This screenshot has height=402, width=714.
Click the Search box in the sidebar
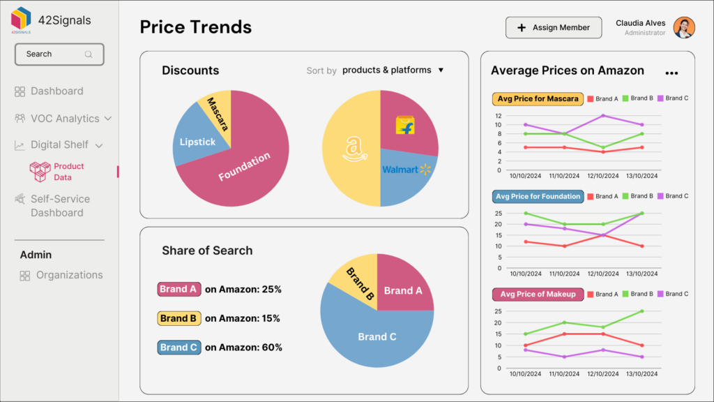click(59, 54)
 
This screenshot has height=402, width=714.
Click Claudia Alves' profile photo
click(684, 28)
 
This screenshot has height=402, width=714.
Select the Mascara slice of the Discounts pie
click(215, 112)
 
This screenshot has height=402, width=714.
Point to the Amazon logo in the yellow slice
click(354, 149)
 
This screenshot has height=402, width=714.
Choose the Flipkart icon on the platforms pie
click(404, 126)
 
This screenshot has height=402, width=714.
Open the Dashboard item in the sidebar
click(56, 91)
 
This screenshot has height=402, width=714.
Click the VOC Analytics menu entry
click(64, 119)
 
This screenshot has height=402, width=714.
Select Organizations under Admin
click(69, 275)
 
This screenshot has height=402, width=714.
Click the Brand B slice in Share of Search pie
click(358, 281)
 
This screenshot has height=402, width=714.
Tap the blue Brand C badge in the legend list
click(178, 347)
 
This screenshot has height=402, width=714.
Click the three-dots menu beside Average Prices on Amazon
click(671, 73)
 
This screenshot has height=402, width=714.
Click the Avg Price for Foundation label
click(537, 196)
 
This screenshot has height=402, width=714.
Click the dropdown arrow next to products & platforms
click(441, 70)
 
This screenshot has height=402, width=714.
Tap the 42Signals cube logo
click(22, 18)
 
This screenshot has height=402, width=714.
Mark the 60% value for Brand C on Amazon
click(271, 347)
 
